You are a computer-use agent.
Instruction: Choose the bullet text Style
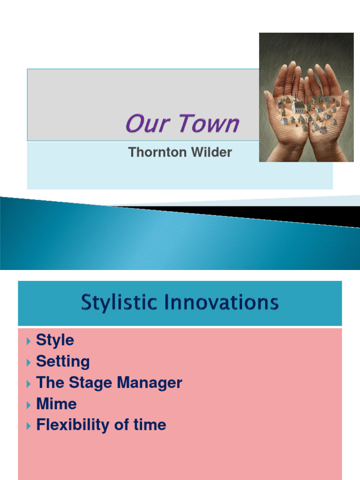pos(55,340)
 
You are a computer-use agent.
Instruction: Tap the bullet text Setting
pos(63,361)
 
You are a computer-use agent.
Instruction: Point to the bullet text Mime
pos(56,404)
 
